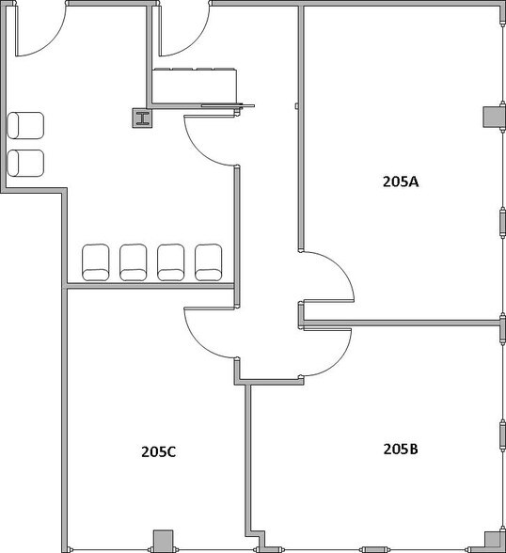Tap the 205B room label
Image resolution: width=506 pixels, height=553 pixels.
[400, 449]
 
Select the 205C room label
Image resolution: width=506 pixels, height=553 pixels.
[159, 451]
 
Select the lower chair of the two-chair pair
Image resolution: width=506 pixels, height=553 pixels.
[25, 162]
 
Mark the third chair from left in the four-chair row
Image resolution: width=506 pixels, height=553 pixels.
[171, 261]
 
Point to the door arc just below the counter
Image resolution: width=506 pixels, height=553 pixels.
[209, 141]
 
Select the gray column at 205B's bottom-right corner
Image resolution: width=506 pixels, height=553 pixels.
[491, 540]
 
